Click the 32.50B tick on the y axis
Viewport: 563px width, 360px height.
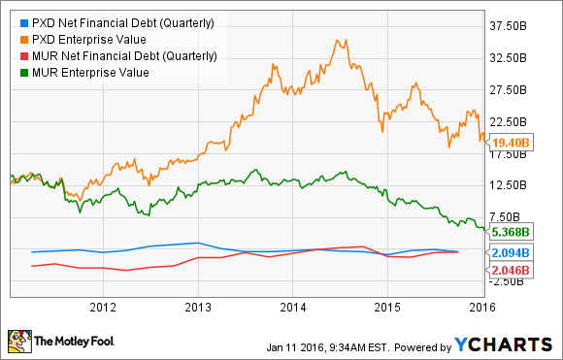511,58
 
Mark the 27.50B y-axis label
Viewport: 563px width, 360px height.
511,90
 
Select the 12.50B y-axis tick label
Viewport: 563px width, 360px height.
511,185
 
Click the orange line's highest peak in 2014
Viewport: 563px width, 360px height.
336,41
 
